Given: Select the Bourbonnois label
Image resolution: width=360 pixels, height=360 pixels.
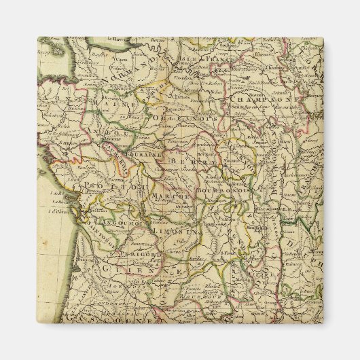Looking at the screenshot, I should (x=224, y=191).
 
